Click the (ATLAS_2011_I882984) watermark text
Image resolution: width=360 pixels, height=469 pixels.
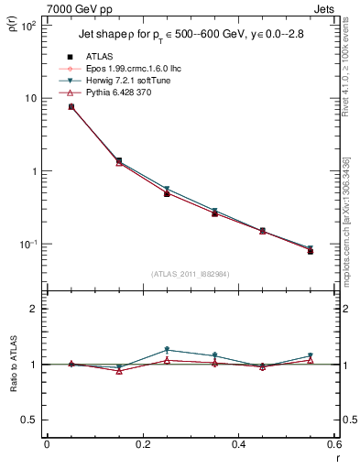click(190, 275)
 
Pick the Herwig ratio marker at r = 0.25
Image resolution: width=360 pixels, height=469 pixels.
click(167, 350)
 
